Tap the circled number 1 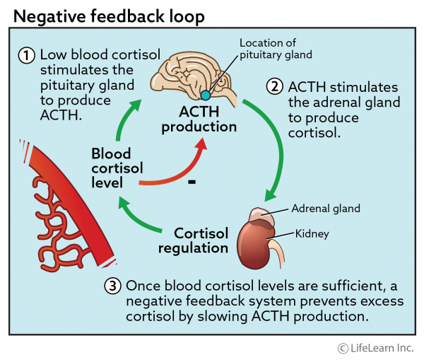[28, 56]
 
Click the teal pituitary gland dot [204, 95]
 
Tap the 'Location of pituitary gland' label [275, 48]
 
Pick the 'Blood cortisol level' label [117, 167]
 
